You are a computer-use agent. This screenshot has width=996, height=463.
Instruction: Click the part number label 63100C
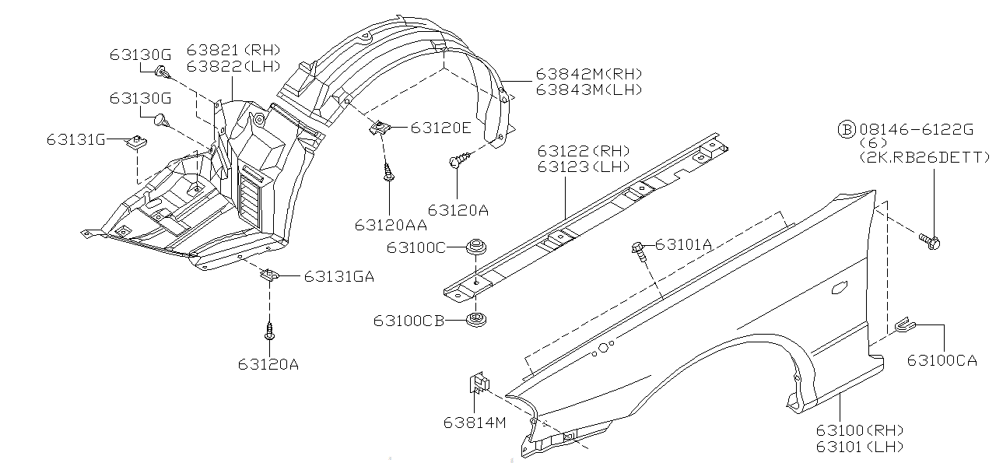click(416, 247)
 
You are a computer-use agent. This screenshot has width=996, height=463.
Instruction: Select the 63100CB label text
click(409, 320)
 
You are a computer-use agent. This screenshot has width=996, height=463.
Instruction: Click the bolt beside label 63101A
click(638, 250)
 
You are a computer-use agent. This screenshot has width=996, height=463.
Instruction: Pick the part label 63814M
click(475, 423)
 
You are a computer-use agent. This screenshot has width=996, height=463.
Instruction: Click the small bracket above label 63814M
click(480, 382)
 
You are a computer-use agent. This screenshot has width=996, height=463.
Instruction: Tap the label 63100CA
click(942, 360)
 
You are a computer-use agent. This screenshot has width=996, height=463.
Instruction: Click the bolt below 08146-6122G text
click(929, 241)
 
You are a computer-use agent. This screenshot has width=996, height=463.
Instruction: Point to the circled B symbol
click(845, 129)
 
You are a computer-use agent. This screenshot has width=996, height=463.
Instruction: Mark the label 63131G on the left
click(75, 139)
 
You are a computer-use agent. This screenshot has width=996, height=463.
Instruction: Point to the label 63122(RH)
click(584, 151)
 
